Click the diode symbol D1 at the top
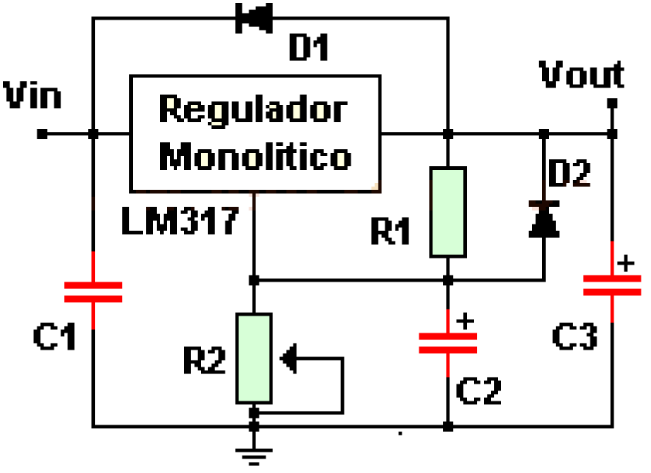253,19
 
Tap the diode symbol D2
542,218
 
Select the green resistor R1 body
448,211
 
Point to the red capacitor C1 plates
93,291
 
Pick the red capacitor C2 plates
448,343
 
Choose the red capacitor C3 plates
611,284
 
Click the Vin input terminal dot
43,134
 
